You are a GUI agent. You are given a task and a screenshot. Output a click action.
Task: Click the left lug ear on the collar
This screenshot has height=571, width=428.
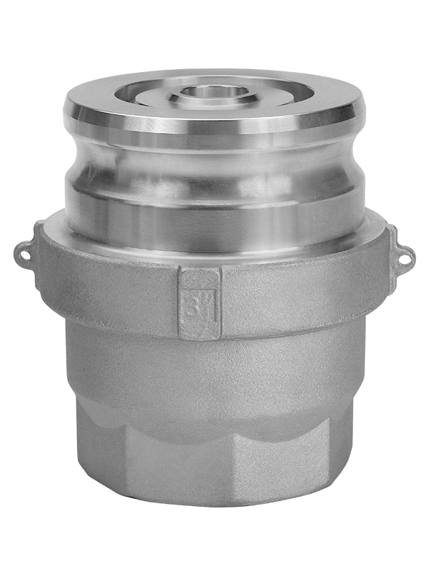click(x=27, y=251)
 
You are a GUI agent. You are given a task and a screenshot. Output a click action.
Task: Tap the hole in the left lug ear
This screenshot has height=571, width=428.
click(x=24, y=251)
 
